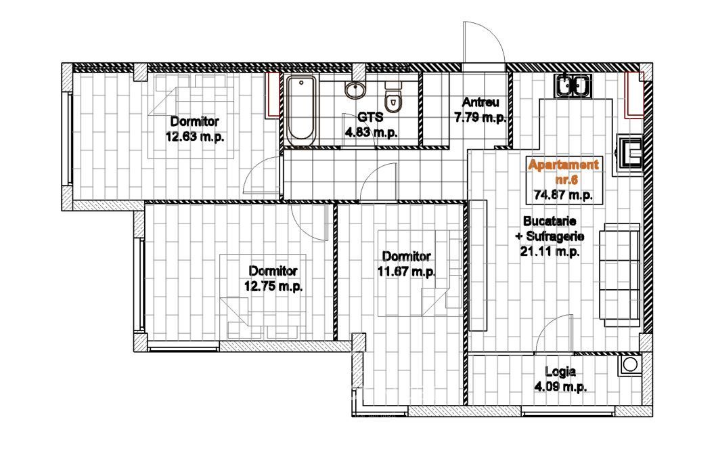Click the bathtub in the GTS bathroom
pos(301,110)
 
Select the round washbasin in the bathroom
pos(355,89)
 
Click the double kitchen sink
pos(573,85)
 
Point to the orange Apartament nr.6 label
pos(563,172)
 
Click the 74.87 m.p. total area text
pos(563,195)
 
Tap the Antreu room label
pos(480,102)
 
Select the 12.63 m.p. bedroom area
pos(194,137)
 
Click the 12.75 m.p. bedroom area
pos(273,286)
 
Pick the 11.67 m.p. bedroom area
pos(407,272)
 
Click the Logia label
pos(560,372)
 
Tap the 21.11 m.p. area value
pos(550,251)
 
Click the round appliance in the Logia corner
pos(630,364)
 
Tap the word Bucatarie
pos(550,221)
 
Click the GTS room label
pos(370,117)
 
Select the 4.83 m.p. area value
pos(371,133)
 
